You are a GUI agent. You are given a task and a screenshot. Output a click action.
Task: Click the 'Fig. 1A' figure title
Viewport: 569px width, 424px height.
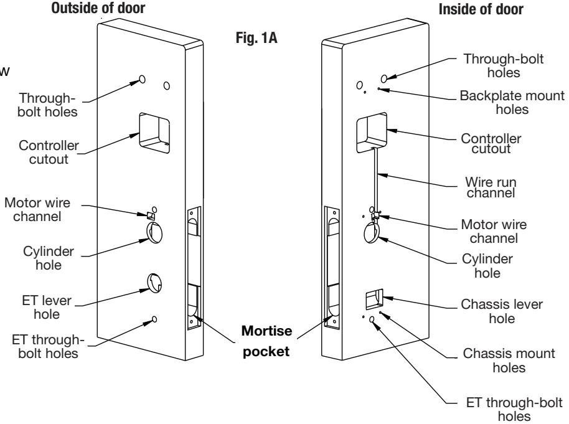click(256, 38)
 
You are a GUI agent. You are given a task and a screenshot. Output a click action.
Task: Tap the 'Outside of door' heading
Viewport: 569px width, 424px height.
click(98, 8)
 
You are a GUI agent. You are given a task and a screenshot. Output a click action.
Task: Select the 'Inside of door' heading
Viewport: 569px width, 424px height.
click(481, 9)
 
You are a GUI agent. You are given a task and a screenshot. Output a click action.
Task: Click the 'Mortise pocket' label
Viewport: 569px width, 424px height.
click(266, 341)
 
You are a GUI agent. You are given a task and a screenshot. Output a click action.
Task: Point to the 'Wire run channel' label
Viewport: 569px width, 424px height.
click(491, 187)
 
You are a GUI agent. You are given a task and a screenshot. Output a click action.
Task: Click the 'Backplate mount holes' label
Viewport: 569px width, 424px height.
click(512, 102)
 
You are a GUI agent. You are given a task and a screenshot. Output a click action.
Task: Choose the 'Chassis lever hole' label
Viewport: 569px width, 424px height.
click(502, 311)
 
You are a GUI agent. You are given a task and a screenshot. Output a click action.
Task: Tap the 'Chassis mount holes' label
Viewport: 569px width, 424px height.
click(509, 360)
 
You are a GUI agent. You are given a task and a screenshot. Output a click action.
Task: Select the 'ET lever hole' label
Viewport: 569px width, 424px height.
click(47, 307)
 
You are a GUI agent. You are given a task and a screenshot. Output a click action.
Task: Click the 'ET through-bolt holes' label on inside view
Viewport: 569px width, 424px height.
click(514, 409)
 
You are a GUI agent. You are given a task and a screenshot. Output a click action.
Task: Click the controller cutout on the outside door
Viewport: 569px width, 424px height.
click(154, 133)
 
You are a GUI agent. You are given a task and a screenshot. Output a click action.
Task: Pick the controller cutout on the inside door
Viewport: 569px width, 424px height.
click(372, 132)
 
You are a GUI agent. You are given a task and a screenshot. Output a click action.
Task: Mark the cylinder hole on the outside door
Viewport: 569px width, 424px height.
click(154, 233)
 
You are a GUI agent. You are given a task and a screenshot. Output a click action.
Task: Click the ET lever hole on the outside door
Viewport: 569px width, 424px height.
click(154, 283)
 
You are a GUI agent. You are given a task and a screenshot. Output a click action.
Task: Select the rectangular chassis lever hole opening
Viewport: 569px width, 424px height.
click(374, 299)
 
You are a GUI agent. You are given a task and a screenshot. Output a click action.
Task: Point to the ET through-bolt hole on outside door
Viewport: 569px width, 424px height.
click(154, 319)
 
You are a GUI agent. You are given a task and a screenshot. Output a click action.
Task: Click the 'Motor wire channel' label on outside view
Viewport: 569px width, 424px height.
click(37, 209)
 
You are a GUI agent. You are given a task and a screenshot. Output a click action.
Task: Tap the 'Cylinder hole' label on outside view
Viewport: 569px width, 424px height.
click(49, 258)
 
